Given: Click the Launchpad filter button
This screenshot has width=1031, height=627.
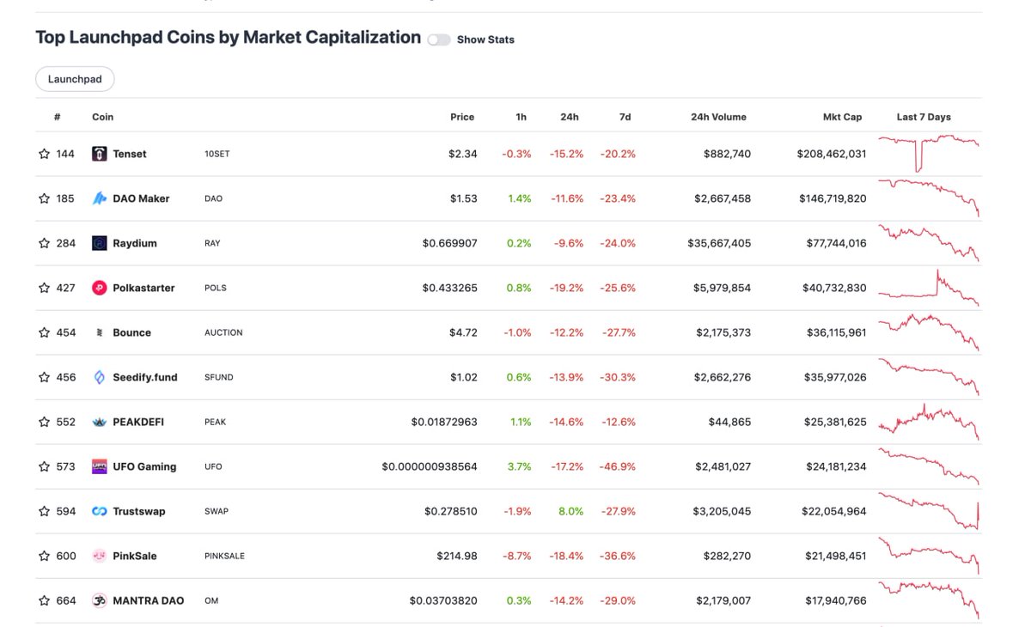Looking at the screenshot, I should point(75,79).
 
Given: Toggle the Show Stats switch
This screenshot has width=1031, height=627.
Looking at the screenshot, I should point(439,40).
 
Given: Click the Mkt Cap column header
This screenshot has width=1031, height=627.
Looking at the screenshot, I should point(842,117).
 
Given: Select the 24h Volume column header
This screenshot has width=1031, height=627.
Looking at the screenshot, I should point(718,117).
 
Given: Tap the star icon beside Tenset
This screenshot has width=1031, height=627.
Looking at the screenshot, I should point(45,154).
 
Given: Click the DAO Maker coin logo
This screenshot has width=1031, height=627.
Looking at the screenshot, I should point(100,198).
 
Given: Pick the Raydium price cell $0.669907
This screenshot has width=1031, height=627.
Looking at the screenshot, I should point(449,243).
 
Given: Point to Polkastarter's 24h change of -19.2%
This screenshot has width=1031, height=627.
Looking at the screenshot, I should point(566,288).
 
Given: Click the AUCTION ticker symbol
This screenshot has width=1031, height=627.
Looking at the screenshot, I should point(223,332).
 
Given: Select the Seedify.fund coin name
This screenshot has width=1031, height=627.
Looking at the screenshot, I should point(145,377).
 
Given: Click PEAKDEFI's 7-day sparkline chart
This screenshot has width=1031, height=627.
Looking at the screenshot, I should point(929,422).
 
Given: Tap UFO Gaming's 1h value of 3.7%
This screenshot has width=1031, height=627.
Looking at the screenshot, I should point(519,466).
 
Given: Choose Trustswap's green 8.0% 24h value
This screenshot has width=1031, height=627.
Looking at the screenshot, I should point(570,511).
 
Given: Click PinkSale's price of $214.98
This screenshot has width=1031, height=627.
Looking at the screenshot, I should point(456,556).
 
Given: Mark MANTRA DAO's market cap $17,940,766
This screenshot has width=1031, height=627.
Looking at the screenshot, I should point(835,600).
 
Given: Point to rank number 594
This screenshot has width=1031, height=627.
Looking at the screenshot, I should point(66,511).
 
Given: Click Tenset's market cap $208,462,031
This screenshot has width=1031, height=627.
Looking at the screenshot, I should point(831,154).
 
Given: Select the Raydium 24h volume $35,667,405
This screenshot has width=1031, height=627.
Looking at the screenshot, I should point(719,243).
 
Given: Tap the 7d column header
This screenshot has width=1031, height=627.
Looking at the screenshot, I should point(625,117).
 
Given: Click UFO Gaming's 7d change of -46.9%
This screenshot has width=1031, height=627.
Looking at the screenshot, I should point(618,466).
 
